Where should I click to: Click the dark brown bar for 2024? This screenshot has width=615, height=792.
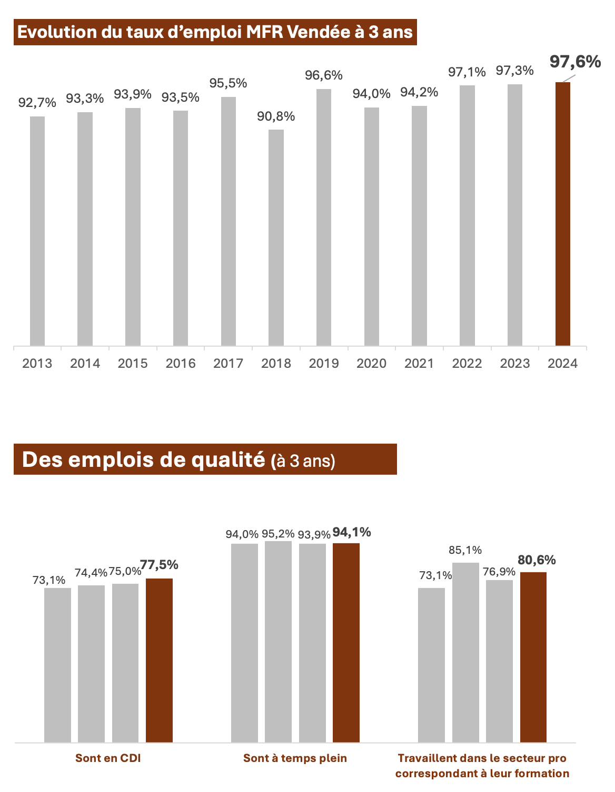tap(563, 214)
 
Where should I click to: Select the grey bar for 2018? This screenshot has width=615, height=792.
tap(276, 238)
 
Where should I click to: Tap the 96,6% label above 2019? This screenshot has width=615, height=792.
tap(324, 75)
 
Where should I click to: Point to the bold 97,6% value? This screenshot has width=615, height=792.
tap(575, 62)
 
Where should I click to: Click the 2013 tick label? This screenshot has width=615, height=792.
tap(37, 363)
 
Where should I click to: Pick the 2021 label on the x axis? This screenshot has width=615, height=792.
tap(419, 363)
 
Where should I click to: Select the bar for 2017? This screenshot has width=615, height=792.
tap(229, 221)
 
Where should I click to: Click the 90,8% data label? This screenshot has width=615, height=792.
tap(276, 116)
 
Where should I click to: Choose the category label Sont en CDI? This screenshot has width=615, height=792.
tap(108, 758)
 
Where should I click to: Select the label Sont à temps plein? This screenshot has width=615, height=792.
tap(295, 758)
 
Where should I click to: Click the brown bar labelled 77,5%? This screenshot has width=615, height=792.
tap(159, 660)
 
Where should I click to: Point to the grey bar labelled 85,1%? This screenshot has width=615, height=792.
tap(465, 652)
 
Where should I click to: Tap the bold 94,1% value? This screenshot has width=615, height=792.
tap(352, 532)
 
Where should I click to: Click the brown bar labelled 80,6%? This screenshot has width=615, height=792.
tap(533, 657)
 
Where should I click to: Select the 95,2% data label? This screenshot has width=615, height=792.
tap(278, 534)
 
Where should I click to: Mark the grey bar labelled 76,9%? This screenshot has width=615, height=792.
tap(499, 661)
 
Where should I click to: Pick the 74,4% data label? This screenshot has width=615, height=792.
tap(91, 572)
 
